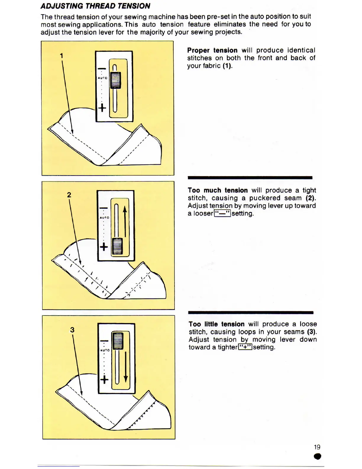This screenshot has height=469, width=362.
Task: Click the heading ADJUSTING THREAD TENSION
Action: (95, 6)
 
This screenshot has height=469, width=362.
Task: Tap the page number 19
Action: (317, 447)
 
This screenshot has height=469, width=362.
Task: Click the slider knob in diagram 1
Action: (115, 81)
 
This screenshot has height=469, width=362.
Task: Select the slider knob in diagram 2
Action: (117, 246)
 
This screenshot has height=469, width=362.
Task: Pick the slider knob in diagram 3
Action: (118, 341)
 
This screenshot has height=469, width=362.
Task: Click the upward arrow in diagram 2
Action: (125, 221)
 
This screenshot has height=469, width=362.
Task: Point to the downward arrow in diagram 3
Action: (126, 367)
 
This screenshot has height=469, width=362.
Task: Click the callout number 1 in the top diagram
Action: (62, 56)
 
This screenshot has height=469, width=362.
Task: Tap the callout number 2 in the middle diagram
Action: (69, 195)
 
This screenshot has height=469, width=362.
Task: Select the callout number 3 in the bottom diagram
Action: (72, 330)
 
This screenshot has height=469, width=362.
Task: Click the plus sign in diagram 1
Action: (102, 107)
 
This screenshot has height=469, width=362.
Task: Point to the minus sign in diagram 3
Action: (104, 341)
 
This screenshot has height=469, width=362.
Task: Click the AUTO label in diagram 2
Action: (104, 218)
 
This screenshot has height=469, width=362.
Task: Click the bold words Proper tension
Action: (212, 50)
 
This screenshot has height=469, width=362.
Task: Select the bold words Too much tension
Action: (218, 190)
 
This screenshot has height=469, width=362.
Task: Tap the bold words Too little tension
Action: (216, 324)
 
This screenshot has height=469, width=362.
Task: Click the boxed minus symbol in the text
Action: (222, 213)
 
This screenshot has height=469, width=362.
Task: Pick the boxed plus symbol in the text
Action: (245, 347)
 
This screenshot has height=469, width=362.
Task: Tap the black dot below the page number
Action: (317, 456)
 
